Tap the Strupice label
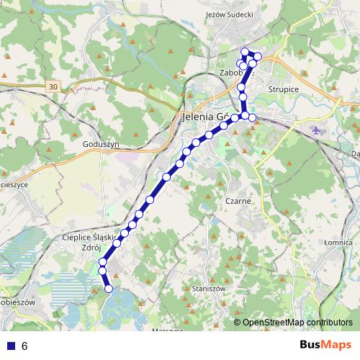pyautogui.click(x=283, y=89)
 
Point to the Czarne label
pyautogui.click(x=238, y=201)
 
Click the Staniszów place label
pyautogui.click(x=210, y=288)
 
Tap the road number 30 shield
pyautogui.click(x=54, y=87)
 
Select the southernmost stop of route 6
pyautogui.click(x=109, y=289)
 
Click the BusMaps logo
pyautogui.click(x=325, y=345)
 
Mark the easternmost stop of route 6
pyautogui.click(x=258, y=56)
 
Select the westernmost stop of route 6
pyautogui.click(x=102, y=270)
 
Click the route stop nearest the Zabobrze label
pyautogui.click(x=242, y=66)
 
